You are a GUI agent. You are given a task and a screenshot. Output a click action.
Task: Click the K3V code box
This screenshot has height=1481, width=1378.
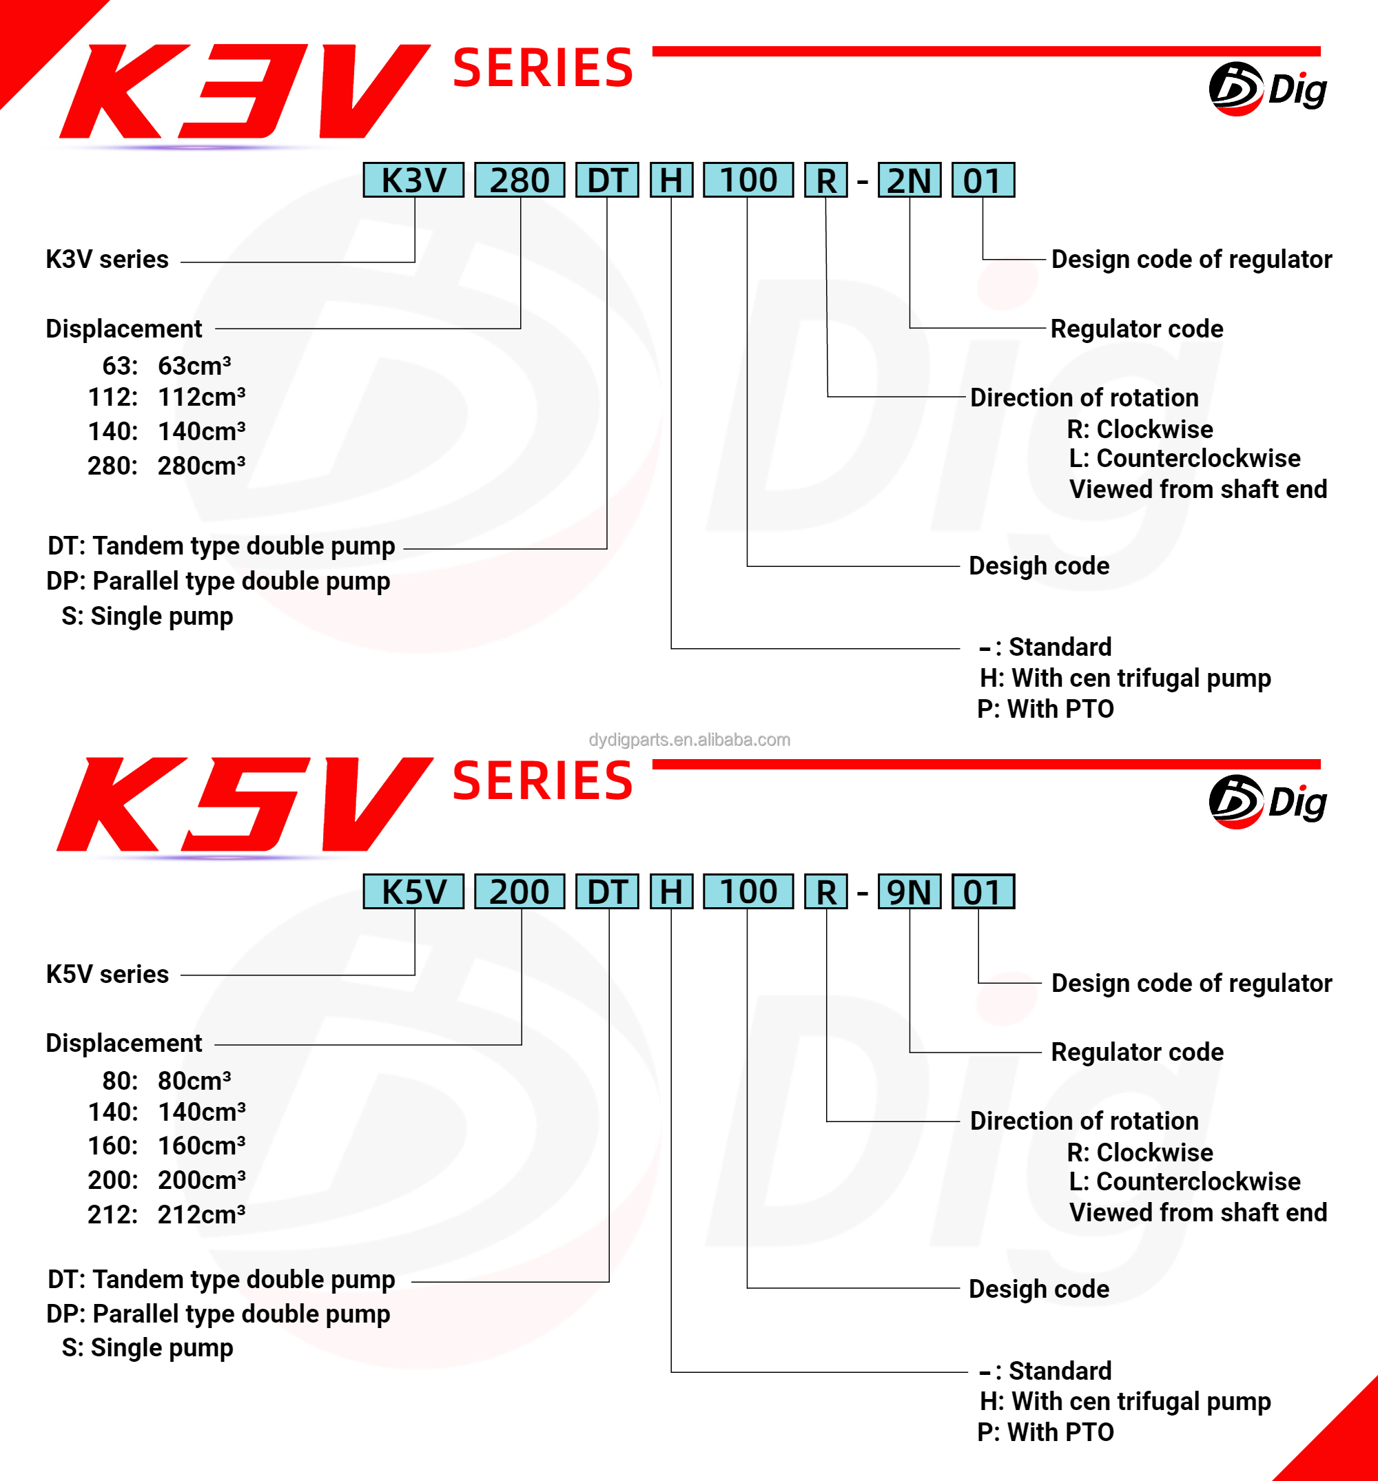tap(413, 180)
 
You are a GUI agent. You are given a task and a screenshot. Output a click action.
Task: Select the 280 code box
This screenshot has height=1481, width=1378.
tap(520, 180)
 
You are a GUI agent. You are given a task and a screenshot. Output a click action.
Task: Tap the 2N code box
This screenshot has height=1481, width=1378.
tap(909, 180)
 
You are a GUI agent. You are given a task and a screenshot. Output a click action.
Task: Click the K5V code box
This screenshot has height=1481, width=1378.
tap(413, 892)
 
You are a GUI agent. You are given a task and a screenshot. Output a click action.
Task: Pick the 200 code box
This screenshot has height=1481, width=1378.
tap(520, 892)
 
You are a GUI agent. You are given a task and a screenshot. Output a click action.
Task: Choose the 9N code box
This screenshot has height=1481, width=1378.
tap(909, 892)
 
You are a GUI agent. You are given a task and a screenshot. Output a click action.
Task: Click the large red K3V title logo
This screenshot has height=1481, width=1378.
tap(243, 91)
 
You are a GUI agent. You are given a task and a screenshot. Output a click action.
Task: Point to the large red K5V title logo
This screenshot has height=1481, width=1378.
tap(243, 805)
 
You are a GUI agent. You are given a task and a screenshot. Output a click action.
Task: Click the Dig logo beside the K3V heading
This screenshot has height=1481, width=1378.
tap(1267, 90)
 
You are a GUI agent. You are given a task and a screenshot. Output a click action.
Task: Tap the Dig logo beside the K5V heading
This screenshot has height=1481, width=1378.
tap(1267, 802)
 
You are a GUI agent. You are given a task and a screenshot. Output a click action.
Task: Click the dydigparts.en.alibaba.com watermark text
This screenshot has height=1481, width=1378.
tap(690, 740)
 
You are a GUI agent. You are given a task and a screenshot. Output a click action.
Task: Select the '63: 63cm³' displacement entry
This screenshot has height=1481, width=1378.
tap(166, 366)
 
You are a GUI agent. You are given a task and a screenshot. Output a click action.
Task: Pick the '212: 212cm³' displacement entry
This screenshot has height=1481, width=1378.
tap(166, 1214)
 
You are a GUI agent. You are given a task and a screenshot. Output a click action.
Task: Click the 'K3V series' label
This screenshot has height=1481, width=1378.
tap(107, 259)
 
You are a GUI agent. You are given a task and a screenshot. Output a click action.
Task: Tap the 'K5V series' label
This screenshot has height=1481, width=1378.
tap(107, 975)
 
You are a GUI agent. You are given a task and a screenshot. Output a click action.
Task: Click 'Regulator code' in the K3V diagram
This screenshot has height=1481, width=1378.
tap(1137, 329)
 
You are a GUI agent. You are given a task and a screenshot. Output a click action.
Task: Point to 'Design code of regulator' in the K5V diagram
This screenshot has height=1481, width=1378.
tap(1191, 984)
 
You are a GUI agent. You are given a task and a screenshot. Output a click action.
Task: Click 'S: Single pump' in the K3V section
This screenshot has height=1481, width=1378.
tap(147, 616)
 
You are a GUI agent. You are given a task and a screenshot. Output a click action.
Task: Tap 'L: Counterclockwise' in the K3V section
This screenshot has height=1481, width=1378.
tap(1184, 458)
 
